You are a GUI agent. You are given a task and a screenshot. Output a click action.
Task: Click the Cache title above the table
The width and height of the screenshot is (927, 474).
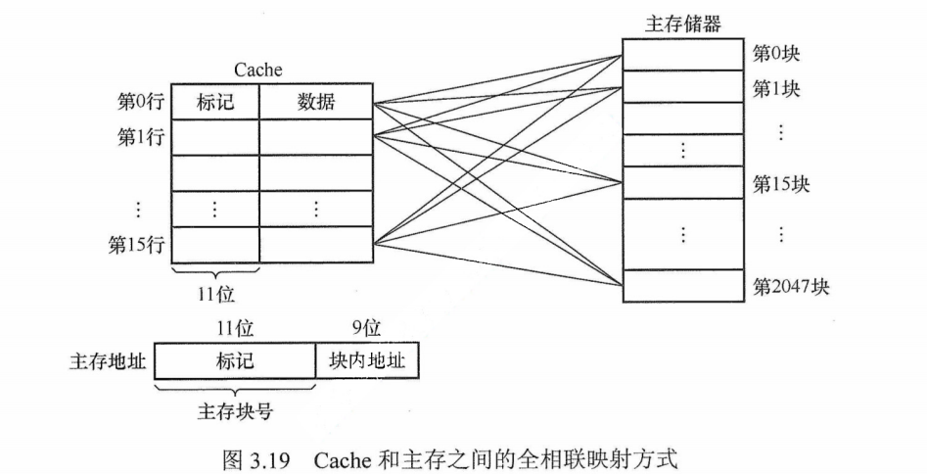click(257, 70)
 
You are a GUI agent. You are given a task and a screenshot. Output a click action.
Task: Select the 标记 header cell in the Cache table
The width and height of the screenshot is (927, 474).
click(215, 102)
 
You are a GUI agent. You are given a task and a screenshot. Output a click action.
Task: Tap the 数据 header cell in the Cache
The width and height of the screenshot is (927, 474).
click(315, 102)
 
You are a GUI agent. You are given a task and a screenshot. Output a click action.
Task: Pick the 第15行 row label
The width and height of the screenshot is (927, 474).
click(135, 244)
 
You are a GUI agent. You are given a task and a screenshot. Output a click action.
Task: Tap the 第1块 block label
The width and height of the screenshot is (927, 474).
click(776, 89)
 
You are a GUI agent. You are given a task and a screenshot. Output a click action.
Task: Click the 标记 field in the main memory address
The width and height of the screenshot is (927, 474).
click(235, 361)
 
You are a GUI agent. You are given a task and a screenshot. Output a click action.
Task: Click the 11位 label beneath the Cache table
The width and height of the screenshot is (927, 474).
click(215, 292)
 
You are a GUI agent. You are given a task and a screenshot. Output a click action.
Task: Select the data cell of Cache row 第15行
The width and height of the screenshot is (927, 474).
click(315, 244)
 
